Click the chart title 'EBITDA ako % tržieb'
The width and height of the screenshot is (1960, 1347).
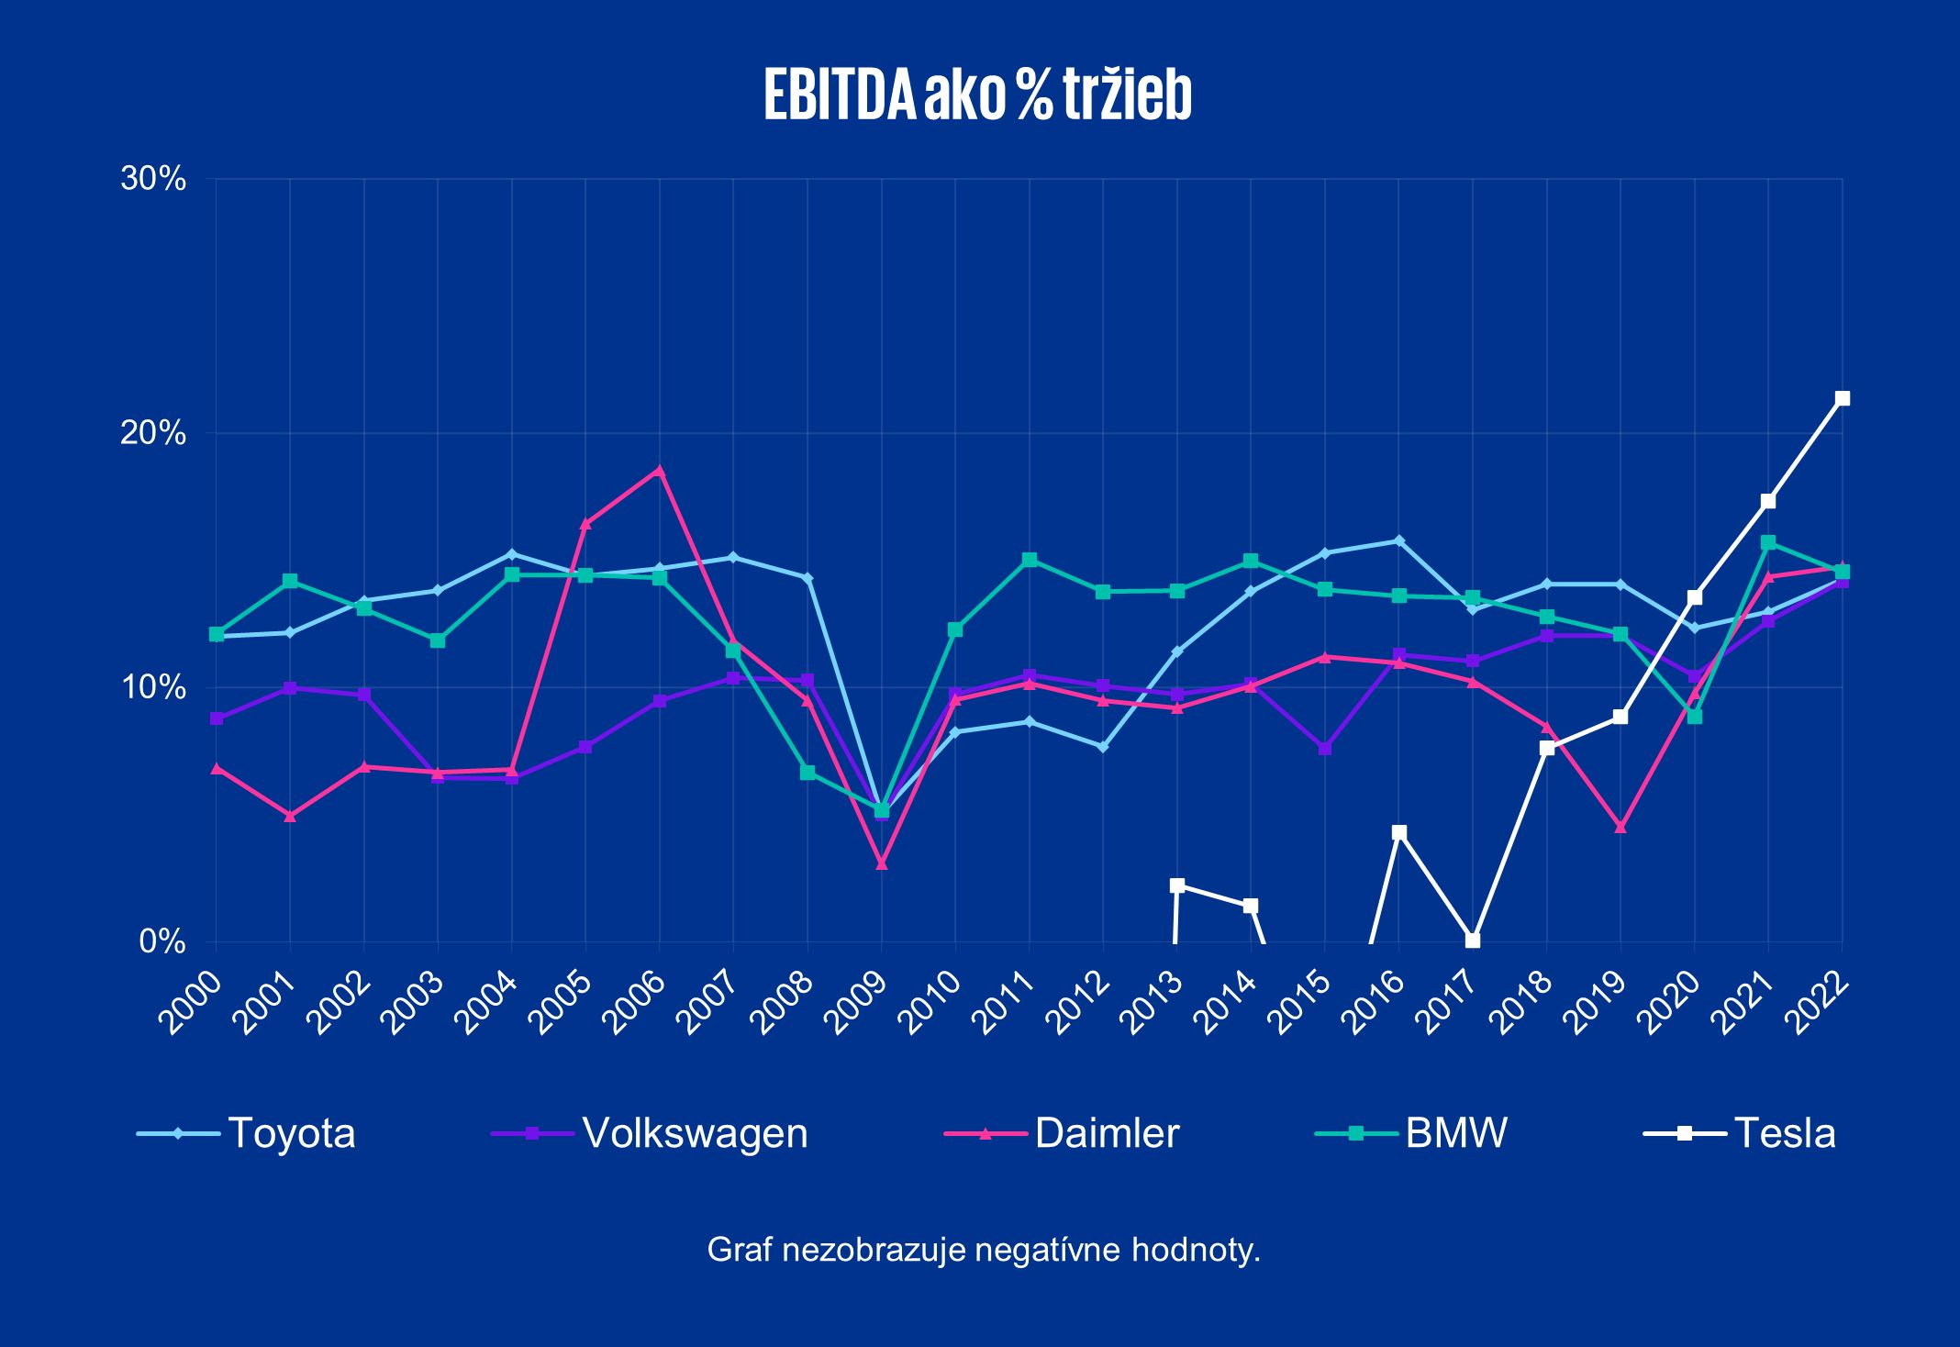point(978,95)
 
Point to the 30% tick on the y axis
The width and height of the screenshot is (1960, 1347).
point(153,179)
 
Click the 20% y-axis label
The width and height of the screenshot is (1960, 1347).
point(153,433)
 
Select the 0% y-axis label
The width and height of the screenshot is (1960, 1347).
point(162,941)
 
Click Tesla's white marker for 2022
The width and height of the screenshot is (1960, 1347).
point(1842,398)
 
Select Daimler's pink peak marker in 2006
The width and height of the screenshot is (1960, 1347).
point(659,471)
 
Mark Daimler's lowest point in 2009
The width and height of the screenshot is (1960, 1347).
point(882,863)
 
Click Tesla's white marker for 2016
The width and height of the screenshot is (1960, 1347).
point(1398,832)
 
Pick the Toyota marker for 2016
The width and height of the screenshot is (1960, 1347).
point(1398,540)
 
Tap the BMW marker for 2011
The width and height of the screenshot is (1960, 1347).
point(1030,560)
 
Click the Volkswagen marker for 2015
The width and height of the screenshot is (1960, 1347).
point(1325,749)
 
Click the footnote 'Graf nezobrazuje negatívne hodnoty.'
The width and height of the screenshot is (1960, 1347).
point(984,1250)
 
